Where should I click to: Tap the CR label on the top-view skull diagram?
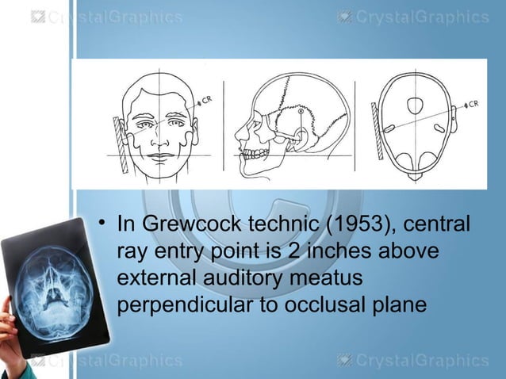pos(473,103)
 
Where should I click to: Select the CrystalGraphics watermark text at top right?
pos(421,17)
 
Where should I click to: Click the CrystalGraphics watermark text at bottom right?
pos(421,361)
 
